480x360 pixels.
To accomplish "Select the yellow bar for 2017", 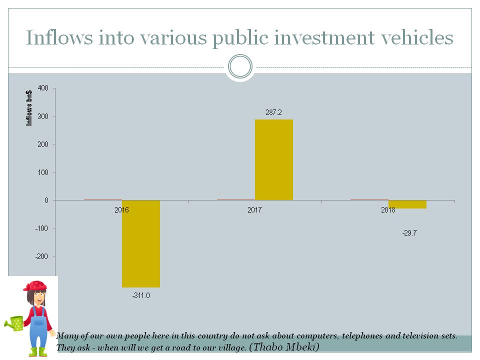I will pyautogui.click(x=273, y=160).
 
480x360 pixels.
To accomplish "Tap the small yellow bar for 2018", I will pyautogui.click(x=407, y=204).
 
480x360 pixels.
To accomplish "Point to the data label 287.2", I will pyautogui.click(x=273, y=112).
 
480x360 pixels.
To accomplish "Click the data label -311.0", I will pyautogui.click(x=141, y=295).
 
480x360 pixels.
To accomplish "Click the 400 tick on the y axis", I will pyautogui.click(x=43, y=88).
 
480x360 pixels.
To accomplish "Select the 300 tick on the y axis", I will pyautogui.click(x=43, y=116).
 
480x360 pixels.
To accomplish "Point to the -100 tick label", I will pyautogui.click(x=42, y=228).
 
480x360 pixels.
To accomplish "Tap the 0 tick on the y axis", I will pyautogui.click(x=46, y=200).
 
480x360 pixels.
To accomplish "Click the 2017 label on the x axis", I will pyautogui.click(x=254, y=210).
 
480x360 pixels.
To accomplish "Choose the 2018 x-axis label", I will pyautogui.click(x=387, y=210).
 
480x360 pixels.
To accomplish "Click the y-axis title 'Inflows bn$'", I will pyautogui.click(x=29, y=108).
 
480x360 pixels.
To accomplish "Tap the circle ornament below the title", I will pyautogui.click(x=240, y=66).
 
